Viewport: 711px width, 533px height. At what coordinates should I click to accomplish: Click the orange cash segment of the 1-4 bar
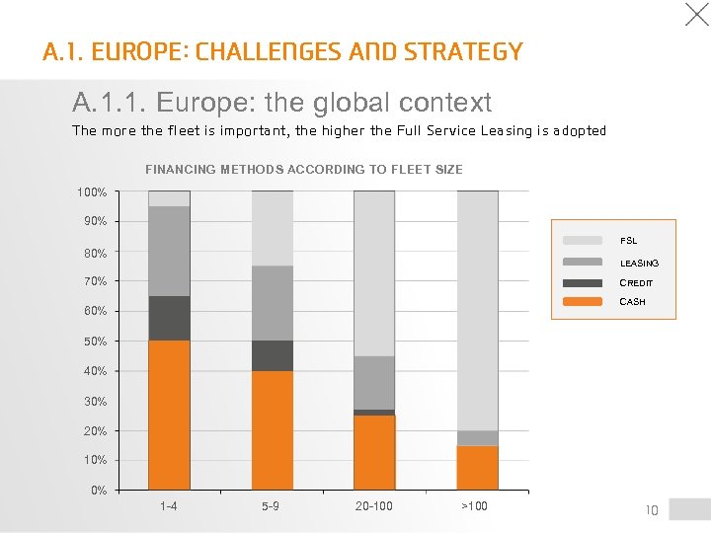point(169,415)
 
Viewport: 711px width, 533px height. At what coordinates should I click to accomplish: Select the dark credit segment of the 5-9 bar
point(273,355)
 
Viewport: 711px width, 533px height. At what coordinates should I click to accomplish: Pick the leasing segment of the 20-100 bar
point(374,382)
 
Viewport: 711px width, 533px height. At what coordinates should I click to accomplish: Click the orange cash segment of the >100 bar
point(478,467)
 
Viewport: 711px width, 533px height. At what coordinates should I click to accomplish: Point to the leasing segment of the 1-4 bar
point(169,251)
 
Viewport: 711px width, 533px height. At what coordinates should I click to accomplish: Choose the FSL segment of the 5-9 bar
point(273,228)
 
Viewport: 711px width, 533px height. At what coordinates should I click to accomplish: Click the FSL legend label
point(628,241)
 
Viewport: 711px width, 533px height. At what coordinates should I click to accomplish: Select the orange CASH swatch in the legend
point(583,301)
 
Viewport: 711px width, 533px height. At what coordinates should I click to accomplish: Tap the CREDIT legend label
point(636,283)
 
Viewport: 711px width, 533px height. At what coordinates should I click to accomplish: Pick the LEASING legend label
point(639,264)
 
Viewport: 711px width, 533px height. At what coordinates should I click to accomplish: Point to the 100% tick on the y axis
point(92,191)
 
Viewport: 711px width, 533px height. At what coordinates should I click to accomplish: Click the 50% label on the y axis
point(95,342)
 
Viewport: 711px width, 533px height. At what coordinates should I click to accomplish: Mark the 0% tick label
point(99,491)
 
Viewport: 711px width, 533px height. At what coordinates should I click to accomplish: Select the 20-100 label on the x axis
point(374,506)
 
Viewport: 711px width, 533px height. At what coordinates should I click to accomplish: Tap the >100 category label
point(474,506)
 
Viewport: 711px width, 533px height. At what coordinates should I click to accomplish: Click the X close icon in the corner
point(697,14)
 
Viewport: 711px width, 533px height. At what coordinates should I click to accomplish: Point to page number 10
point(651,510)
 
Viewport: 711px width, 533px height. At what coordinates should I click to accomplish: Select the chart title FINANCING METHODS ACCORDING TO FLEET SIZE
point(303,170)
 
